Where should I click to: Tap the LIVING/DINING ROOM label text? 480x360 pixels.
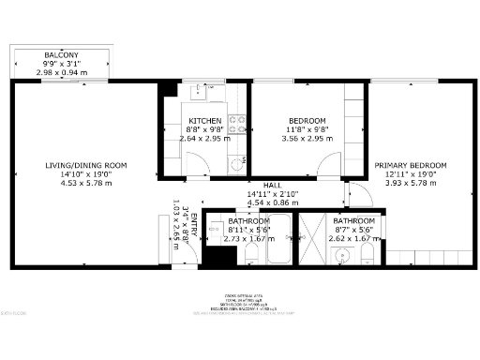tap(86, 165)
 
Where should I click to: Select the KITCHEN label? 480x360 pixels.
tap(204, 121)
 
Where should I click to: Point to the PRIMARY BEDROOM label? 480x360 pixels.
tap(416, 165)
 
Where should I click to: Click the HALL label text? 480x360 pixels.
tap(273, 185)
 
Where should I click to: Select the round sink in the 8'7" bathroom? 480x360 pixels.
tap(344, 254)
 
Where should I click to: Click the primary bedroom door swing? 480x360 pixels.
tap(355, 194)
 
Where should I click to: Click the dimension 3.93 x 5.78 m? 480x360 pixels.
tap(416, 183)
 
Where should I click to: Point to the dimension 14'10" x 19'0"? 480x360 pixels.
tap(86, 174)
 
